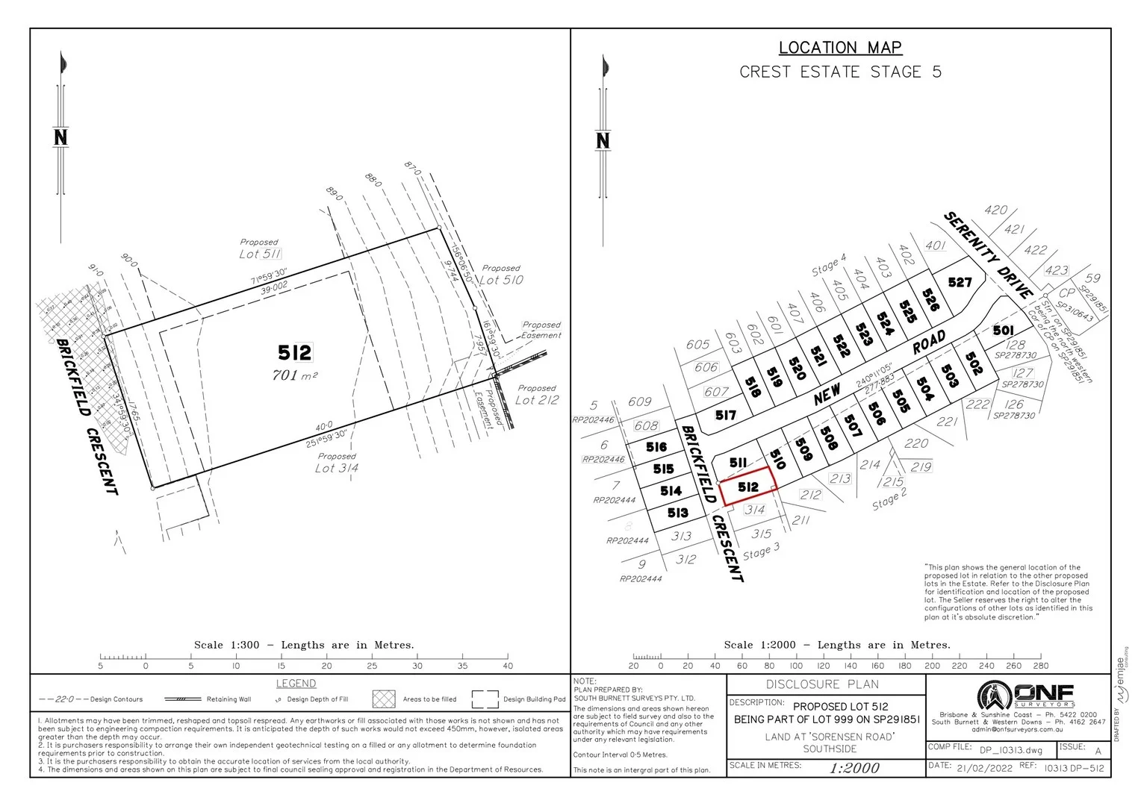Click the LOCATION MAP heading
[x=840, y=48]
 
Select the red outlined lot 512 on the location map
[x=747, y=487]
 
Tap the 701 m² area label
[x=294, y=375]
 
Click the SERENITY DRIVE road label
[x=989, y=254]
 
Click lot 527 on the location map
[x=960, y=282]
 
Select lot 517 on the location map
[x=725, y=415]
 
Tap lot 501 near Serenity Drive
[x=1003, y=331]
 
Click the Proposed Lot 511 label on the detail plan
[x=260, y=249]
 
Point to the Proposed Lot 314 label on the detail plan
[x=336, y=463]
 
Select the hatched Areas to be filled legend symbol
[x=383, y=699]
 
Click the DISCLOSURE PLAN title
[x=822, y=684]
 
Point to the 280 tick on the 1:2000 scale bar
[x=1040, y=666]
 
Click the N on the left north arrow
[x=60, y=137]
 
